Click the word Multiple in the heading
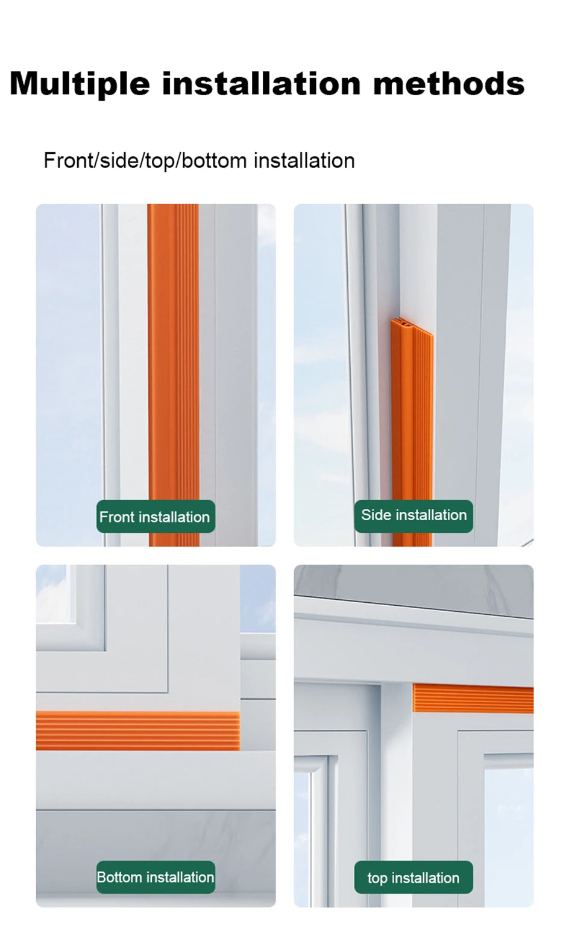coord(80,84)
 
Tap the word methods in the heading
coord(448,83)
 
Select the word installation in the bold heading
coord(260,83)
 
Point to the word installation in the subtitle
coord(304,160)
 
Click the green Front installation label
coord(156,517)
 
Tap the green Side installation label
coord(413,515)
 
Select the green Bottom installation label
coord(156,877)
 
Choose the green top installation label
coord(413,878)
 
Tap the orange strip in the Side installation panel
coord(412,422)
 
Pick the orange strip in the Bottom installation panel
coord(137,731)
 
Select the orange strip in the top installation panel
coord(473,698)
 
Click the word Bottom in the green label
coord(118,877)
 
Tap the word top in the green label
coord(377,878)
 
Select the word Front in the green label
coord(117,517)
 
